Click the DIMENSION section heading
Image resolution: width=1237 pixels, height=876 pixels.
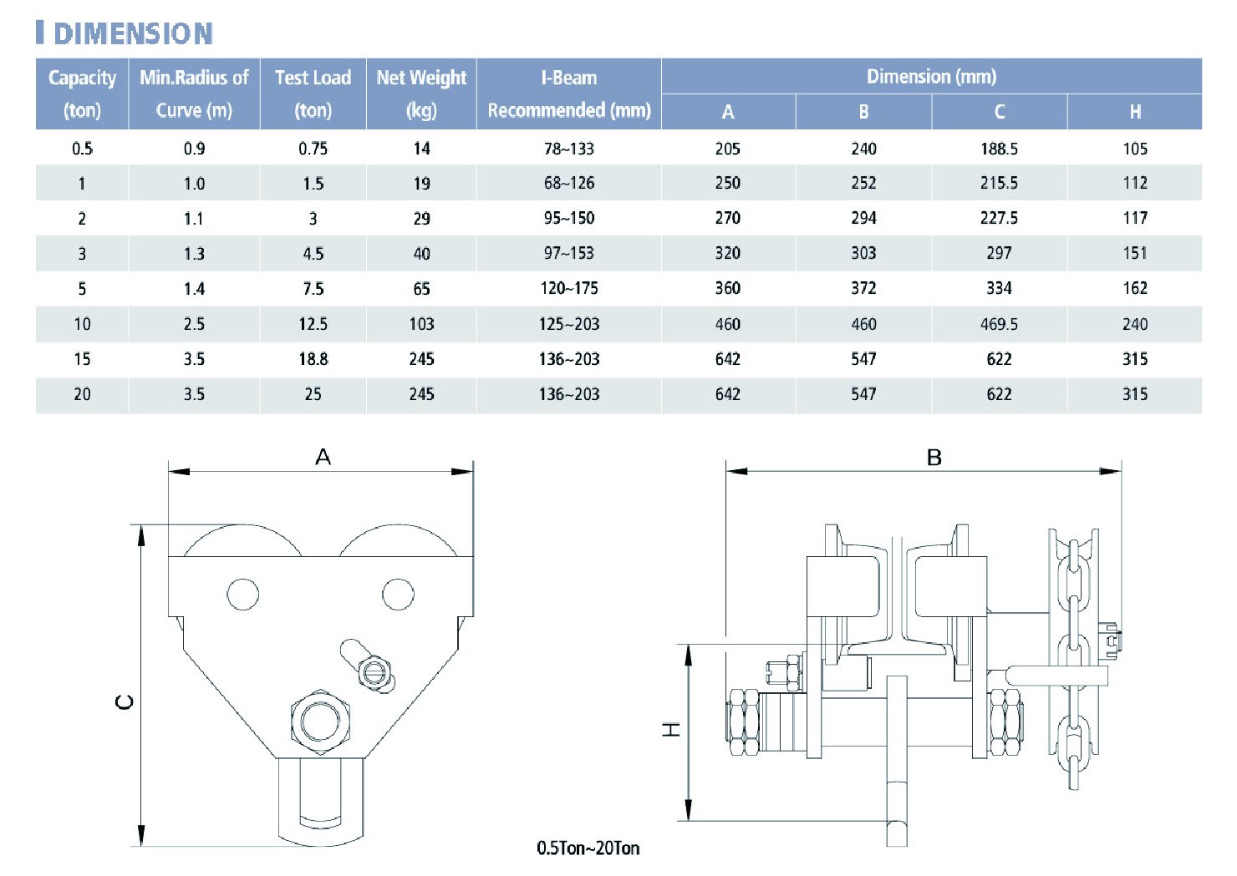[x=133, y=33]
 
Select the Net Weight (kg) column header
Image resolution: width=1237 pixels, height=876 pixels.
[x=421, y=94]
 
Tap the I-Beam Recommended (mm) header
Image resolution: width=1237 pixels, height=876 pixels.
[x=569, y=94]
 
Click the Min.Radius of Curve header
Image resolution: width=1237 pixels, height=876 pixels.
[x=194, y=94]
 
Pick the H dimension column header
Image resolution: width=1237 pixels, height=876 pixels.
[x=1135, y=112]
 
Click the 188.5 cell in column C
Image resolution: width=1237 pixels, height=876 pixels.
[x=999, y=149]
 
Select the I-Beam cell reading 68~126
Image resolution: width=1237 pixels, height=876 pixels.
[x=569, y=183]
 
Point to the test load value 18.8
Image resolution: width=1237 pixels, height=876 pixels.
[x=313, y=359]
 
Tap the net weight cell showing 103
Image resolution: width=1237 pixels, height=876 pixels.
[x=421, y=324]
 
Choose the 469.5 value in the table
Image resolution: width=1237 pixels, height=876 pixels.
[x=999, y=324]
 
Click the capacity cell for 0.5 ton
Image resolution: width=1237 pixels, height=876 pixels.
[x=82, y=149]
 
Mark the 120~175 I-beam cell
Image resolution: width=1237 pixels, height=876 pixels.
[x=569, y=288]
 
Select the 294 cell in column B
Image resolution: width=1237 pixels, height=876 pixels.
[x=863, y=219]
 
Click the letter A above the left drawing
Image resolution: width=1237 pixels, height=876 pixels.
[x=323, y=458]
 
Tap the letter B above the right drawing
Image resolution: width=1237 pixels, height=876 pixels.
[x=934, y=458]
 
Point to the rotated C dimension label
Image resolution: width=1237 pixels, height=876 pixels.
[x=125, y=701]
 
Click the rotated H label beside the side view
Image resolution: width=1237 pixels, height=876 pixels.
[x=671, y=730]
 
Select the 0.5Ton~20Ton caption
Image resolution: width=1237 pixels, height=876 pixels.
[x=588, y=848]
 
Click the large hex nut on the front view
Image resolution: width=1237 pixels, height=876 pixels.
[x=320, y=722]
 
